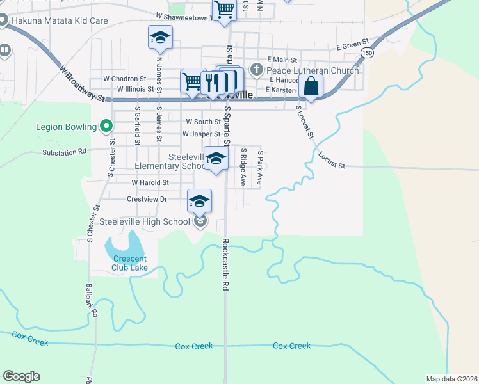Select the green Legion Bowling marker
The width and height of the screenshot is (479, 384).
coord(107,126)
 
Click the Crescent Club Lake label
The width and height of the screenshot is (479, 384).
coord(131,263)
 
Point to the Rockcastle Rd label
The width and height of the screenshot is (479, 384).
coord(225,266)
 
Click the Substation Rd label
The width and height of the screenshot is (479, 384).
coord(64,152)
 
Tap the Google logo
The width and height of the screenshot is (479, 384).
coord(21,376)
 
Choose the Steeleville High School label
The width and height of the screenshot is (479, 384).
coord(145,222)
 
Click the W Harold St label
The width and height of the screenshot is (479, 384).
coord(150,182)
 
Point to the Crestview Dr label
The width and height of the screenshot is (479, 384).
coord(147,199)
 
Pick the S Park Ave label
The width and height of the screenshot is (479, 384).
coord(260,168)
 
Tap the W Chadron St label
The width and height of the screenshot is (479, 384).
coord(125,79)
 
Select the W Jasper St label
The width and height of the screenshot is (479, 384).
coord(201,134)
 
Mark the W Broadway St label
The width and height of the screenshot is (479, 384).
coord(82,83)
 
